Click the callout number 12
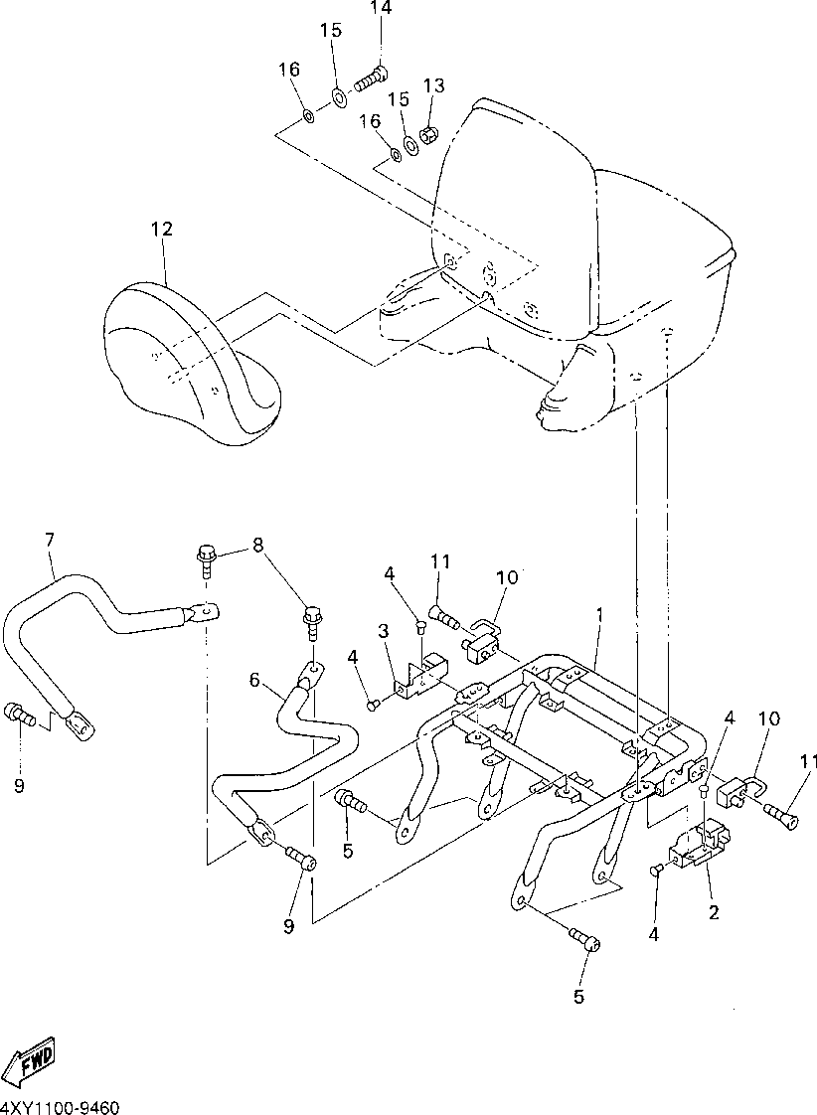[x=162, y=230]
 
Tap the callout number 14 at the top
[x=382, y=9]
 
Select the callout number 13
[x=433, y=85]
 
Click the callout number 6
[x=254, y=681]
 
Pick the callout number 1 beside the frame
[x=599, y=616]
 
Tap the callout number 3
[x=382, y=632]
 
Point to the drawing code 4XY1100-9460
[x=62, y=1106]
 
